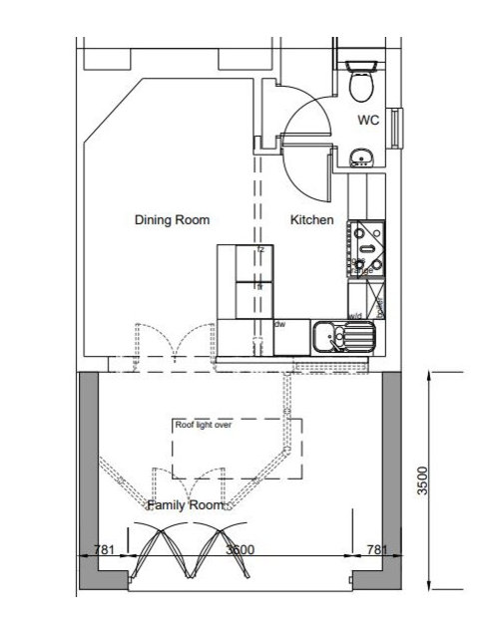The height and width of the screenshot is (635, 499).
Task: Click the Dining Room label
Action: [x=172, y=219]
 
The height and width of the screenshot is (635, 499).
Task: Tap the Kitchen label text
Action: [x=310, y=219]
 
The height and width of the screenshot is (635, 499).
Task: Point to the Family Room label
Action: [x=184, y=506]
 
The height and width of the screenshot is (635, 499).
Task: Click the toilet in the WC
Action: [x=361, y=80]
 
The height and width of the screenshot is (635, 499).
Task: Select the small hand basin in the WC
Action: [x=361, y=156]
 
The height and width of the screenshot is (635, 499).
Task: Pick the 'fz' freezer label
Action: [x=260, y=249]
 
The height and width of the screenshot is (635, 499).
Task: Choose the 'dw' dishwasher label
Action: [x=279, y=323]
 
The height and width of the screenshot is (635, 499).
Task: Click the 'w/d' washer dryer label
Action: [x=354, y=316]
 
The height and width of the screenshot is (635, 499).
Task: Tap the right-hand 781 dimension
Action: [x=377, y=549]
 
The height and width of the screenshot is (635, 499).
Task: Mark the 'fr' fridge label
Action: [x=260, y=286]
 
